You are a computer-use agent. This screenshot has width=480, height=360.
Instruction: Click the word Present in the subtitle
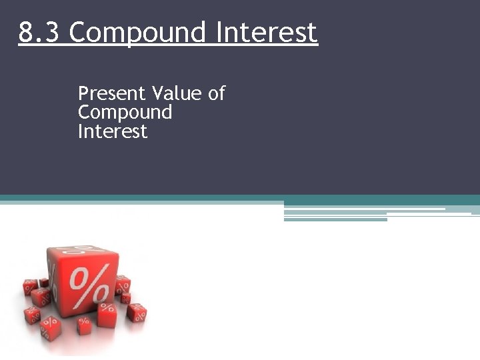[x=112, y=93]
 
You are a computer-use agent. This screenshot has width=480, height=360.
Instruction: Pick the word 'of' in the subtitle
[x=217, y=93]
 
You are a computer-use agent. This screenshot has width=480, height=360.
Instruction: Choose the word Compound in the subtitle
[x=125, y=113]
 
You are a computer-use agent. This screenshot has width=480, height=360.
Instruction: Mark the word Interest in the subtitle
[x=112, y=131]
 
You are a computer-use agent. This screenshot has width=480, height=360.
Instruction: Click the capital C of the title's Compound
[x=77, y=32]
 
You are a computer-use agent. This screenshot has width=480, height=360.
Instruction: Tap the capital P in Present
[x=83, y=93]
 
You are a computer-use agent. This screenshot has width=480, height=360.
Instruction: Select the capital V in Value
[x=158, y=93]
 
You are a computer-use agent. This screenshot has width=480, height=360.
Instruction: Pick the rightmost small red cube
[x=139, y=312]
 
